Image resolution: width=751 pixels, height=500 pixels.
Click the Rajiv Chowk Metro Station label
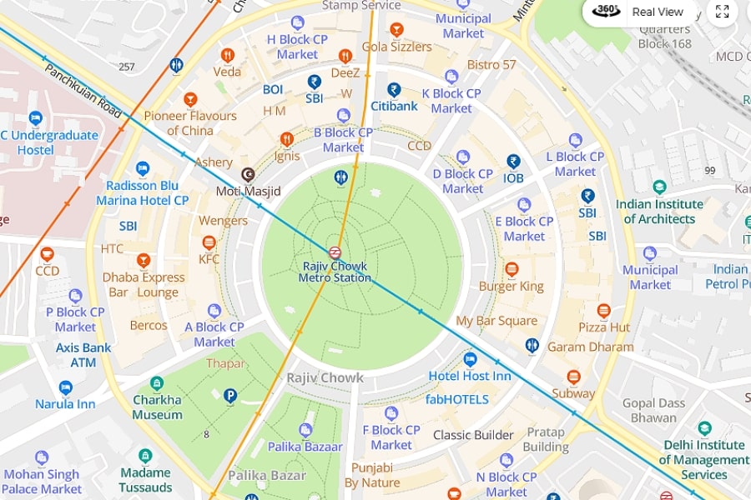coord(335,272)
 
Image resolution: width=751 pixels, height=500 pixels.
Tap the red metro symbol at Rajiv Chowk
coord(335,252)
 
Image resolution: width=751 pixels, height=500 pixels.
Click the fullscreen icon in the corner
coord(723,12)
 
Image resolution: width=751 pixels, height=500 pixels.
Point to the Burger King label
coord(511,286)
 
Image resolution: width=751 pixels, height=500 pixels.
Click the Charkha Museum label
coord(157,407)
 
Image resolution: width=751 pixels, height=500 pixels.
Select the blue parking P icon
coord(230,397)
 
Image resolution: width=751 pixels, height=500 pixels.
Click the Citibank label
coord(394,106)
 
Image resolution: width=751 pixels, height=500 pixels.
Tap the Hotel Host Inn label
coord(470,376)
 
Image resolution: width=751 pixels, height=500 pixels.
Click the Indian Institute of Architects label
coord(659,212)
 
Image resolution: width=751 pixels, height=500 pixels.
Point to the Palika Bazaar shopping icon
coord(305,430)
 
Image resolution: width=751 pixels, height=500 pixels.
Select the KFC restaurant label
coord(209,259)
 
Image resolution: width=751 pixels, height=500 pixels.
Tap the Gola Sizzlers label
coord(397,47)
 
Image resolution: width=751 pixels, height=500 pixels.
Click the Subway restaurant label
coord(573,393)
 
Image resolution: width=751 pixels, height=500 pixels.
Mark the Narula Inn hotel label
coord(65,404)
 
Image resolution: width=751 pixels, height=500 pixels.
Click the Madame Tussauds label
coord(145,480)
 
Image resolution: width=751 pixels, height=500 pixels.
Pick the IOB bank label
coord(513,177)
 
